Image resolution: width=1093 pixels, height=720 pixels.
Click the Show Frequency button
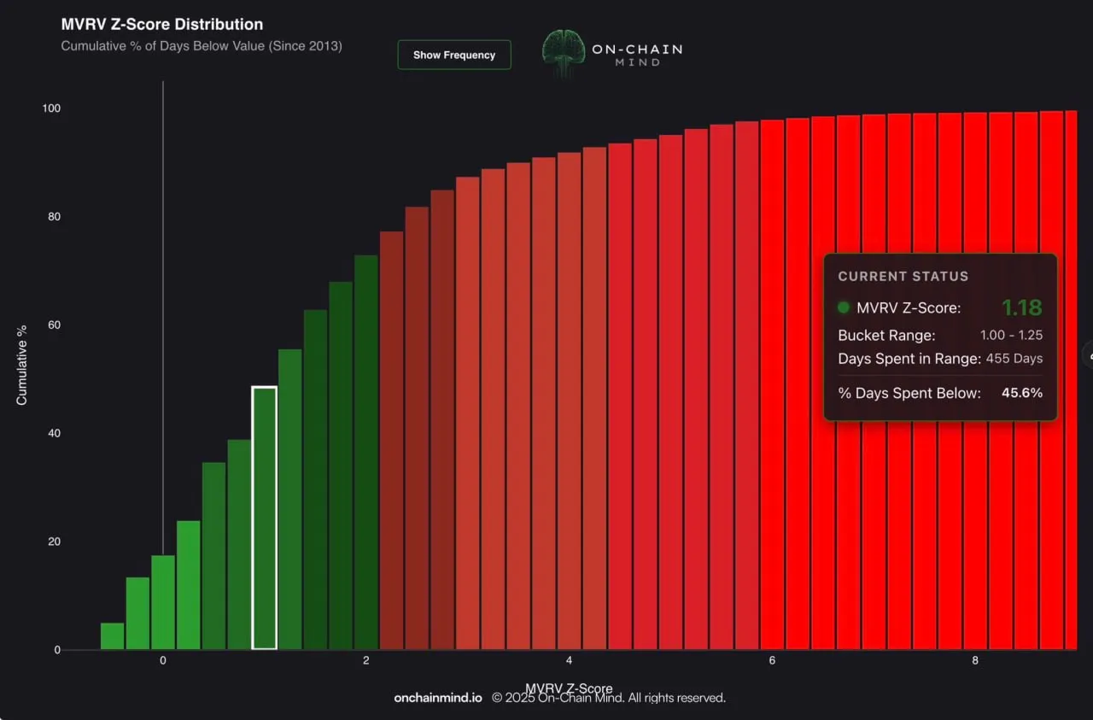coord(453,55)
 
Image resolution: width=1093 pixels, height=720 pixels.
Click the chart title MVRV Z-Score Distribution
coord(162,24)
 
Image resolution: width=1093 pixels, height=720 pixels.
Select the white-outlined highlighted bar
coord(264,518)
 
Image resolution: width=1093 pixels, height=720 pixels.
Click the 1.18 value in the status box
coord(1021,307)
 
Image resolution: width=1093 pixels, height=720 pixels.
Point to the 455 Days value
coord(1014,359)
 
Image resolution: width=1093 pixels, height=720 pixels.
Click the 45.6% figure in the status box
coord(1021,393)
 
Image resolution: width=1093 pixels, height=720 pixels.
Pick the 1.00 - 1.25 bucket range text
coord(1011,335)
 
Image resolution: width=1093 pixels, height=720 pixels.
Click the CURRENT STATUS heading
coord(903,277)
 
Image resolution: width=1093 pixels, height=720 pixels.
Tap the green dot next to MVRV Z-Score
coord(844,307)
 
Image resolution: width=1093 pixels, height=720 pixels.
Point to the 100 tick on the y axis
coord(51,108)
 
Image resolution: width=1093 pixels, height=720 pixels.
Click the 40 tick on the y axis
coord(55,433)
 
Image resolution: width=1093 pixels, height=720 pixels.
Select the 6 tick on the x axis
coord(772,661)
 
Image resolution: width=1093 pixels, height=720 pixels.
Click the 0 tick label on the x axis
coord(163,661)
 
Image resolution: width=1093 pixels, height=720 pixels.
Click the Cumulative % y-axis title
coord(22,365)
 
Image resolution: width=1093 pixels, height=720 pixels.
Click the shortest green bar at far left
coord(112,636)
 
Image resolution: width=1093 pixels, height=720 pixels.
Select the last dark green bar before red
coord(365,453)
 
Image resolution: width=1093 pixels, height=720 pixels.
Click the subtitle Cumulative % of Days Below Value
coord(202,46)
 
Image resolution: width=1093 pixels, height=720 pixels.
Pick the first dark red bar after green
coord(391,441)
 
